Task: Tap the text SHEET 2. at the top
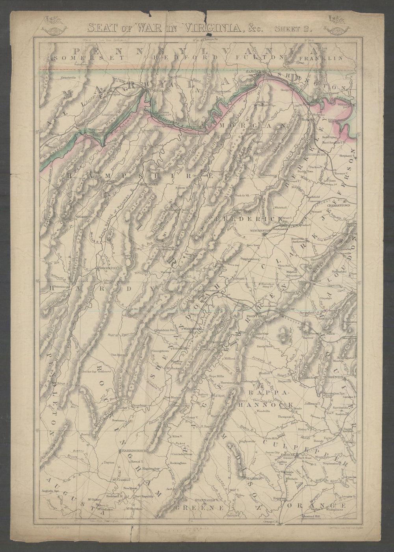pyautogui.click(x=292, y=29)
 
